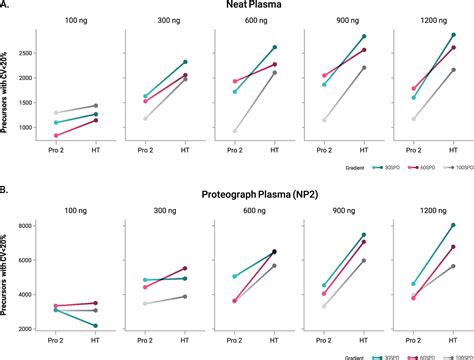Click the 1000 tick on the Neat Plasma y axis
tap(32, 126)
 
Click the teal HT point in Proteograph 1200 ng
tap(455, 225)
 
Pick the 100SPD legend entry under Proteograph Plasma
tap(452, 356)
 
